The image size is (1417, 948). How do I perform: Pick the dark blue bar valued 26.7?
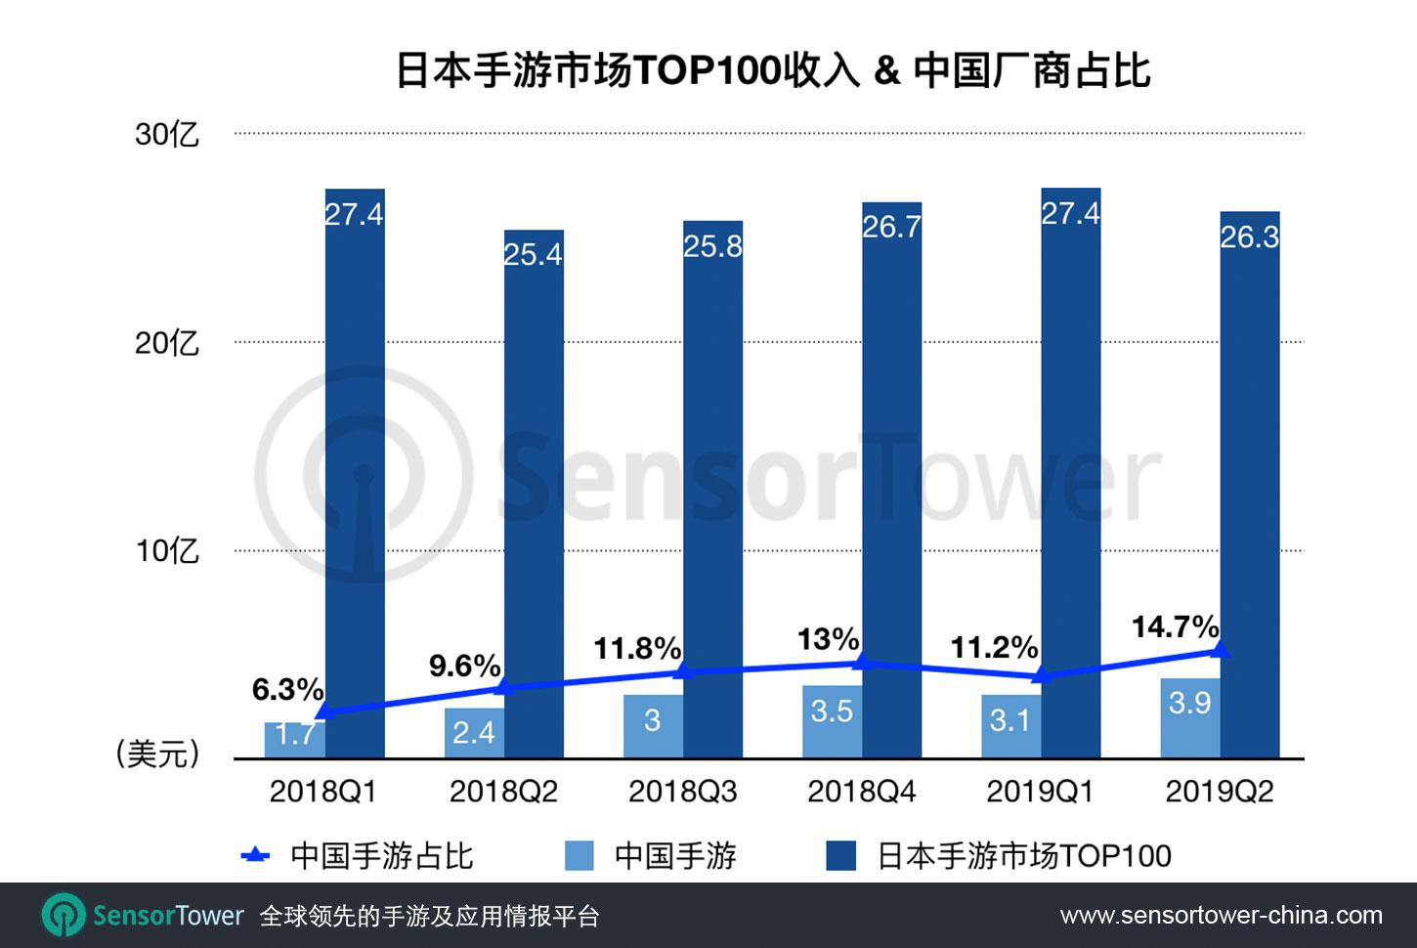tap(891, 489)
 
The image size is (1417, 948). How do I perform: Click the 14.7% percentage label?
tap(1175, 626)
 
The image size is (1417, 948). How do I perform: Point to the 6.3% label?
tap(287, 690)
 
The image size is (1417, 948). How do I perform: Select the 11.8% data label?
tap(637, 648)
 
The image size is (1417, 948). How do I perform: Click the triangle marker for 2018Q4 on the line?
tap(861, 663)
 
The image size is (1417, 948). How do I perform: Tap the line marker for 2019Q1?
tap(1041, 675)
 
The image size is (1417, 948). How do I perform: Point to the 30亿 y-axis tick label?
tap(167, 134)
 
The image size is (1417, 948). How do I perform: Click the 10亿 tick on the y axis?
tap(167, 551)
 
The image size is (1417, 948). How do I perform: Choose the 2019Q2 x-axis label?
tap(1220, 792)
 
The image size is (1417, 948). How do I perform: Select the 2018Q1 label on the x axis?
tap(323, 792)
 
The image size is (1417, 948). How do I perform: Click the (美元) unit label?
tap(157, 754)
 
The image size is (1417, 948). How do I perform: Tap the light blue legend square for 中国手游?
tap(580, 856)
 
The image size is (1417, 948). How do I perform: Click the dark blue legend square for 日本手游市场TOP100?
tap(841, 856)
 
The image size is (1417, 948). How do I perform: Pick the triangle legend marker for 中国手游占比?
tap(255, 856)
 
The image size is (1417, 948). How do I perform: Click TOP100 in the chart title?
tap(708, 71)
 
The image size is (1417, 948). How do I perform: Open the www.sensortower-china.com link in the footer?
tap(1221, 916)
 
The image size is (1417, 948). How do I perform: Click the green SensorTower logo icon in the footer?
tap(64, 916)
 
